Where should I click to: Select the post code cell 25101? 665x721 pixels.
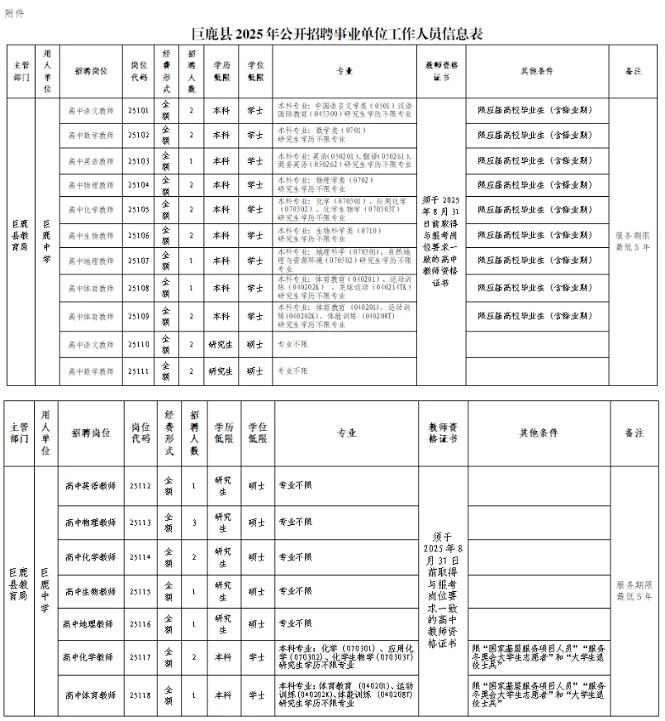point(139,110)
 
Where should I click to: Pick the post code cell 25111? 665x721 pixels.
point(139,371)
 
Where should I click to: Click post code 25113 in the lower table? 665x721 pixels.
point(140,523)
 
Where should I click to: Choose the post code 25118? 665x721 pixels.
point(140,696)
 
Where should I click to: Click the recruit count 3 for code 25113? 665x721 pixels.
point(193,523)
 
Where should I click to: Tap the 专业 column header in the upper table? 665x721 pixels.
point(344,71)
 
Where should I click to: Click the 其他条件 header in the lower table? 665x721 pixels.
point(538,432)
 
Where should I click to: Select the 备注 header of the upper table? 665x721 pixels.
point(633,71)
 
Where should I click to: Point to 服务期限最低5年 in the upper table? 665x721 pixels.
point(633,241)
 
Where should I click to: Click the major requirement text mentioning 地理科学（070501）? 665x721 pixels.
point(344,260)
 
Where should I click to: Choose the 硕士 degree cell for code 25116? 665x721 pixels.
point(256,622)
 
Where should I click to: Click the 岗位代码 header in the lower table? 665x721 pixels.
point(140,432)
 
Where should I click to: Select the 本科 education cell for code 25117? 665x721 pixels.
point(222,657)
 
